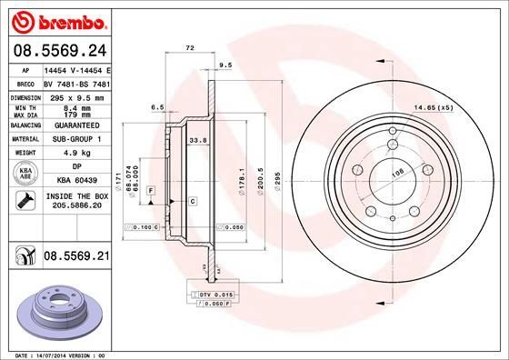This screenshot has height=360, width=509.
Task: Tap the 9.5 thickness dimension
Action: tap(226, 65)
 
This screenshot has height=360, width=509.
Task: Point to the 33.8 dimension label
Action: tap(195, 141)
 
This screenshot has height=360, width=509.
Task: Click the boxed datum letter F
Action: tap(150, 188)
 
